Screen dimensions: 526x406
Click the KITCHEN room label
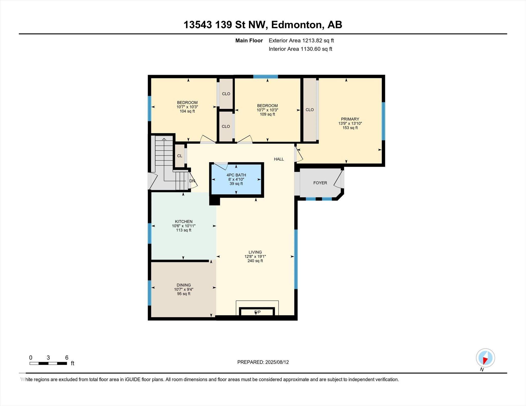[184, 222]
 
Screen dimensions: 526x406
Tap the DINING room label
[184, 285]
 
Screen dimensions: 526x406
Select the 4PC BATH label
[236, 175]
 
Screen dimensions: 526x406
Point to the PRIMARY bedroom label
[350, 119]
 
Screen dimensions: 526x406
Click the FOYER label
[320, 183]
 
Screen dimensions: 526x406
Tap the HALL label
[279, 159]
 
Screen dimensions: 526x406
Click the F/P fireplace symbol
[257, 312]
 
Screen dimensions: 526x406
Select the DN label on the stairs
[192, 181]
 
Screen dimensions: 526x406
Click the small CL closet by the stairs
[180, 156]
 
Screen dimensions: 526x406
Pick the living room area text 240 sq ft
[255, 261]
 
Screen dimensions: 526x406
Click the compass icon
[485, 358]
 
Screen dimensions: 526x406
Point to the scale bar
[48, 363]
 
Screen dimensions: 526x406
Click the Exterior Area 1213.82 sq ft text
[301, 41]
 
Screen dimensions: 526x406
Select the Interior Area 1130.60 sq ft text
[300, 49]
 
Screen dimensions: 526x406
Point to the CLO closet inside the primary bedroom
[310, 110]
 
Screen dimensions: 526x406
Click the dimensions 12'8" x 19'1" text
[255, 256]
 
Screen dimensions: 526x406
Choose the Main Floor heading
[249, 41]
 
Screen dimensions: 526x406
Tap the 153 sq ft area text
[350, 128]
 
